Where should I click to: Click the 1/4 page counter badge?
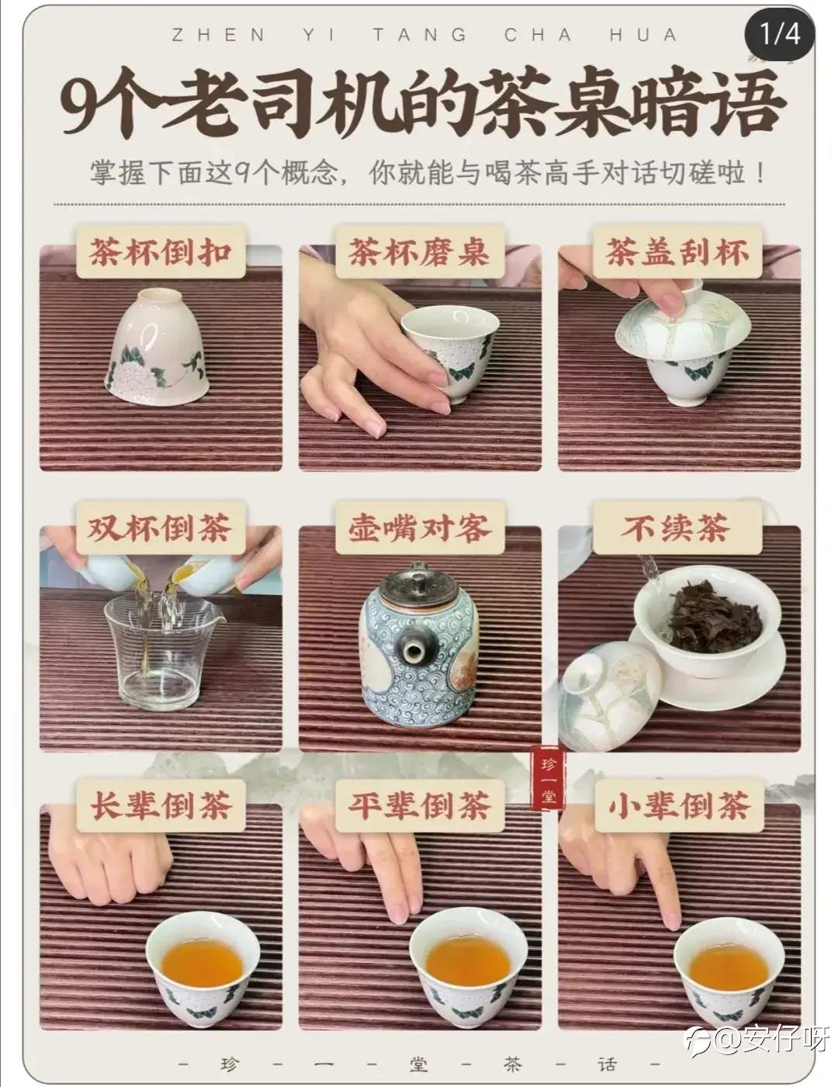tap(780, 34)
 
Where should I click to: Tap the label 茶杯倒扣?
tap(161, 251)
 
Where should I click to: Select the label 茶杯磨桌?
tap(419, 251)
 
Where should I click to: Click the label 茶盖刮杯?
tap(677, 251)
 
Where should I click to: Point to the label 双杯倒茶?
tap(161, 528)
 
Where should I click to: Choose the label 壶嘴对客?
tap(419, 528)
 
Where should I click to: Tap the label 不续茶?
tap(677, 528)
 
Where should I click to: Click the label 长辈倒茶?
tap(161, 805)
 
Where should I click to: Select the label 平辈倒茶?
tap(419, 805)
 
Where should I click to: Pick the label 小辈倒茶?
tap(678, 805)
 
